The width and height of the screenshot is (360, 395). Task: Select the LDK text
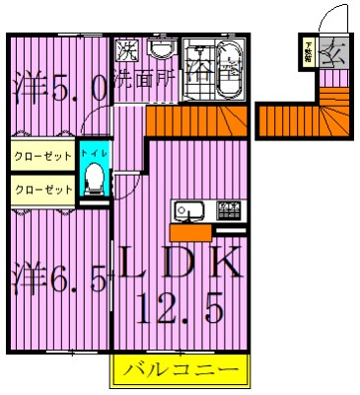pos(181,265)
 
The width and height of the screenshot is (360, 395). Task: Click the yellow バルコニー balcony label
pos(181,373)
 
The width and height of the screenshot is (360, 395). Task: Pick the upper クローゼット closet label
pos(42,156)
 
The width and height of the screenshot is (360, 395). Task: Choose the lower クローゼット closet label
pos(42,189)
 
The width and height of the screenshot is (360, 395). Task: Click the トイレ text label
pos(95,155)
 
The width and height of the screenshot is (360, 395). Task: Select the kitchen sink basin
pos(188,210)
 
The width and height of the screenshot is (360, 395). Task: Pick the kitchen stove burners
pos(229,209)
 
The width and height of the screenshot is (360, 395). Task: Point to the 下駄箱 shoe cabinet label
pos(309,50)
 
